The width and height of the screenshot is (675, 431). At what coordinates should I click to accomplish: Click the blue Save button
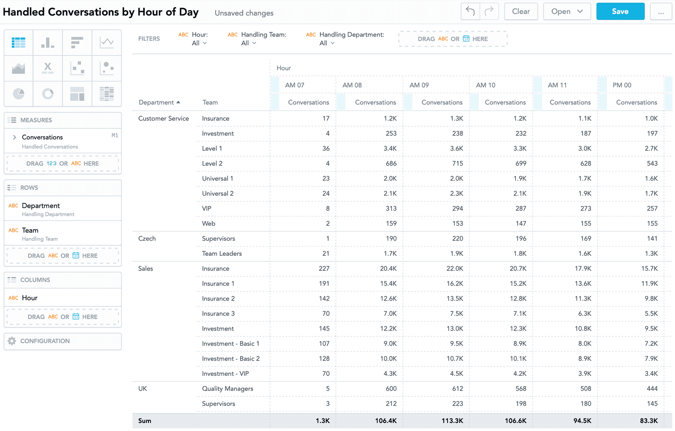coord(620,11)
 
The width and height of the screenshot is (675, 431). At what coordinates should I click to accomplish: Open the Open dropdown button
coord(567,11)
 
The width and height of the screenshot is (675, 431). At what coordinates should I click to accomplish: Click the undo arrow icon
coord(470,11)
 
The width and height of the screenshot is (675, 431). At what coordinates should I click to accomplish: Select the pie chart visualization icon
coord(19,94)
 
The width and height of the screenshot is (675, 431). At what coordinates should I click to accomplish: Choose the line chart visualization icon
coord(106,42)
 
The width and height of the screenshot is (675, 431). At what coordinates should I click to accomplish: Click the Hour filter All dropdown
coord(199,43)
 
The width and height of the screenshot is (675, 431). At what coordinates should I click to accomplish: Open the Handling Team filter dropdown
coord(248,43)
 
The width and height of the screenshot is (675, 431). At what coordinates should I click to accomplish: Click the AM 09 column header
coord(419,85)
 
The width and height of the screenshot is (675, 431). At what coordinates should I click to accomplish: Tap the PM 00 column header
coord(622,85)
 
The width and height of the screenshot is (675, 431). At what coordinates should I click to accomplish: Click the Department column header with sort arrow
coord(159,102)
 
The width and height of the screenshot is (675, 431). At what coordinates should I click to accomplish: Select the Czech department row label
coord(147,239)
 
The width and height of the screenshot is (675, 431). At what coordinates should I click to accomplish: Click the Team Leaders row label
coord(221,253)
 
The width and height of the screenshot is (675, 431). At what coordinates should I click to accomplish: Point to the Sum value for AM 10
coord(515,420)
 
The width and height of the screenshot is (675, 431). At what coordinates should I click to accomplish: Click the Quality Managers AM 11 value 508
coord(586,388)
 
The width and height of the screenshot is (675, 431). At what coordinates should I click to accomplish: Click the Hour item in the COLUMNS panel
coord(30,298)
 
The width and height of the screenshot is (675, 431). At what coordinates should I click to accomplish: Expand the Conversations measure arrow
coord(14,137)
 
